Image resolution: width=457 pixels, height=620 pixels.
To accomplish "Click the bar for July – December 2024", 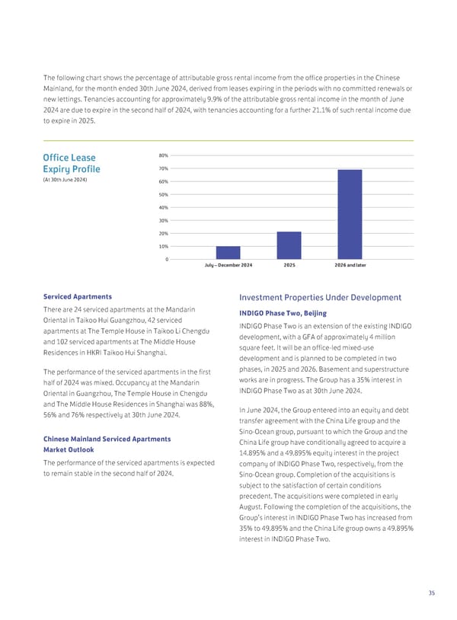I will [x=228, y=252].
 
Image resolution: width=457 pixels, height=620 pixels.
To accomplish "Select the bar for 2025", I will [x=289, y=245].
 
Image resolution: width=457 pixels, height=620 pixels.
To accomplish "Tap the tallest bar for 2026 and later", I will [x=350, y=214].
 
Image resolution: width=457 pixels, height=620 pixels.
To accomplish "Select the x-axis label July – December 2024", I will [x=228, y=266].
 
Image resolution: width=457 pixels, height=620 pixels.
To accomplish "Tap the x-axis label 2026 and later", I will [x=350, y=266].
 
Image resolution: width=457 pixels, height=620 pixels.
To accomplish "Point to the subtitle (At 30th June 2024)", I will [x=66, y=179].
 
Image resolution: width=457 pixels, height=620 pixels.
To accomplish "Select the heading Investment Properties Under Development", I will [x=320, y=297].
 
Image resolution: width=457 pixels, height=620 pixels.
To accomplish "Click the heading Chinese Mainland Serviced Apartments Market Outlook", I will [x=107, y=444].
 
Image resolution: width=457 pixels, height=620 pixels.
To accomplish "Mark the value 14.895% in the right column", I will [x=256, y=454].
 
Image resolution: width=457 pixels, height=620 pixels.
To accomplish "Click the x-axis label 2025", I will [x=289, y=266].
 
